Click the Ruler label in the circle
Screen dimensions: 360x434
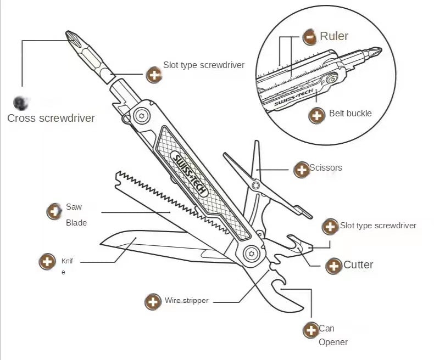click(334, 36)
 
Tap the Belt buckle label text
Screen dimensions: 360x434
click(350, 114)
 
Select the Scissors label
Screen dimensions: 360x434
click(326, 168)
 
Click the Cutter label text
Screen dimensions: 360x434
click(358, 265)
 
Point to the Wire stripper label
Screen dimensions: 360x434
click(187, 301)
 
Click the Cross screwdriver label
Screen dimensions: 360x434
click(51, 118)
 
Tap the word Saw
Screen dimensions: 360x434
click(74, 207)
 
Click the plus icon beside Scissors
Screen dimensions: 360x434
click(302, 170)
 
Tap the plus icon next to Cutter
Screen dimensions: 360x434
click(333, 267)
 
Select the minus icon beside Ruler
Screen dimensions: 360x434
click(310, 37)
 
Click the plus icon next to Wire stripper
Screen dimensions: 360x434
click(152, 301)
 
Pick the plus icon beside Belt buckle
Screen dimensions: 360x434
click(316, 115)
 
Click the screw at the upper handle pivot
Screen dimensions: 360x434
click(143, 116)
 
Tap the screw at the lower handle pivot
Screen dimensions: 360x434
click(252, 253)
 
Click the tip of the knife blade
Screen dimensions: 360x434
click(102, 241)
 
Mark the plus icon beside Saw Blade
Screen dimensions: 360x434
click(54, 211)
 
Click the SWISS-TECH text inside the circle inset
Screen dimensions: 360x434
click(293, 98)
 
